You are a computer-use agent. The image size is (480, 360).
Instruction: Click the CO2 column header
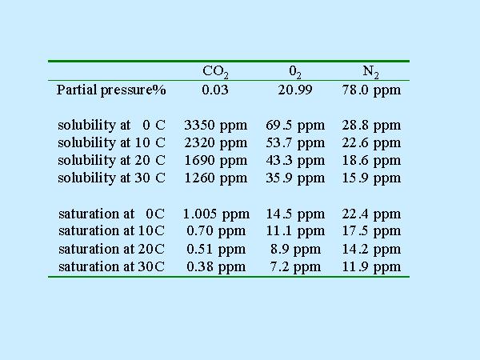[x=216, y=72]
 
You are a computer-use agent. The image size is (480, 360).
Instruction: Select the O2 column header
[x=295, y=72]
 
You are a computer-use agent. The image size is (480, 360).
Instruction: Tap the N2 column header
[x=370, y=72]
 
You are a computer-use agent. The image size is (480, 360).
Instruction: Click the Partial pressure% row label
[x=111, y=90]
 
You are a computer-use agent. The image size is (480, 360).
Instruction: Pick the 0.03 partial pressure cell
[x=215, y=90]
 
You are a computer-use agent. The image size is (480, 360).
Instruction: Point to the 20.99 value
[x=295, y=90]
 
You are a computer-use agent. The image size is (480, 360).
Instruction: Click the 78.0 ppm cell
[x=371, y=90]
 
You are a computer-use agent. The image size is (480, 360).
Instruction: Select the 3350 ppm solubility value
[x=215, y=126]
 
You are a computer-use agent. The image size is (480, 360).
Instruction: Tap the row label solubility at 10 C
[x=111, y=143]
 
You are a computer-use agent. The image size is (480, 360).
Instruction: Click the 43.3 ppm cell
[x=295, y=161]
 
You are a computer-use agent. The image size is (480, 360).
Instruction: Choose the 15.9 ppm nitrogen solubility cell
[x=371, y=178]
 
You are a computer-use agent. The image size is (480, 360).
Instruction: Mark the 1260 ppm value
[x=215, y=178]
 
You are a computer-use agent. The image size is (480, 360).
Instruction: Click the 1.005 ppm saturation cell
[x=216, y=214]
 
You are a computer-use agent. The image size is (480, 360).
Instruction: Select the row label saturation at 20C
[x=111, y=249]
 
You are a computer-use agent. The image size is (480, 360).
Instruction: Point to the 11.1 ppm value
[x=295, y=231]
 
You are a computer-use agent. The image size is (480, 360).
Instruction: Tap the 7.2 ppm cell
[x=295, y=266]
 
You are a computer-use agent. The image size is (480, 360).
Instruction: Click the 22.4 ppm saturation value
[x=371, y=214]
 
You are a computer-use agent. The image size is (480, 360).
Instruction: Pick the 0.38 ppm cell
[x=215, y=266]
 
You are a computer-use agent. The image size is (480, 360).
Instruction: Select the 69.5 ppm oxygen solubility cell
[x=295, y=126]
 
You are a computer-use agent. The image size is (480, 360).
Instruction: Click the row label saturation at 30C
[x=111, y=266]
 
